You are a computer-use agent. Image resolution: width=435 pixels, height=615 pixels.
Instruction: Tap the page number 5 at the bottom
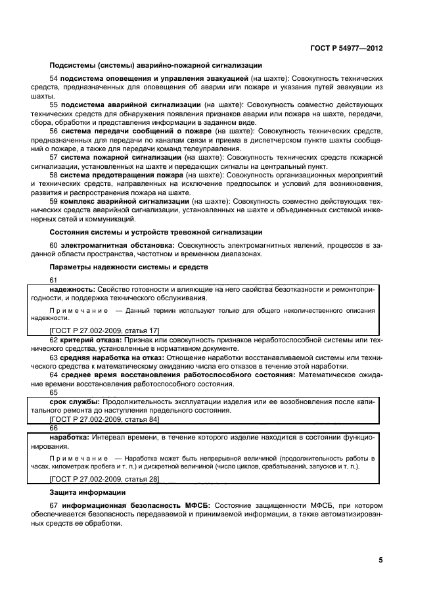click(380, 560)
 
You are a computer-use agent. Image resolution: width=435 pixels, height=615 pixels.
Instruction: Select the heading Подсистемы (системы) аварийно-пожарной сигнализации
click(156, 65)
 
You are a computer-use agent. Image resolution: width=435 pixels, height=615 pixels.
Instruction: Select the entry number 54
click(53, 78)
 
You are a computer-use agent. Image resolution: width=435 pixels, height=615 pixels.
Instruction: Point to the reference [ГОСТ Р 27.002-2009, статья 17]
click(104, 329)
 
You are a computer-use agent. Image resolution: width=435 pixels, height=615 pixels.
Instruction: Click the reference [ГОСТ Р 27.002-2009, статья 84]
click(104, 419)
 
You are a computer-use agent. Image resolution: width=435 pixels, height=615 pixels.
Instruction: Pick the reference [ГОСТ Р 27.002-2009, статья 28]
click(104, 480)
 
